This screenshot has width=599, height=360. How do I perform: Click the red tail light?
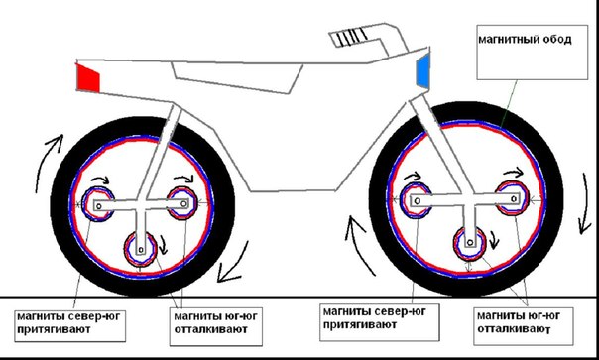[x=88, y=78]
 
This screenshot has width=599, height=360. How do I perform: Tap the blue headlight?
[x=422, y=70]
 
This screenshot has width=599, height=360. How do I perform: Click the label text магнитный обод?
[x=525, y=40]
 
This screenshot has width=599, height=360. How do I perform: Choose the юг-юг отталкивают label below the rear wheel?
[x=215, y=323]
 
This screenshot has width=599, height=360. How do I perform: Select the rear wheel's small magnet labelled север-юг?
[x=98, y=204]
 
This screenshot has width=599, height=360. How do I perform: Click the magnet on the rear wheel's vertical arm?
[x=141, y=249]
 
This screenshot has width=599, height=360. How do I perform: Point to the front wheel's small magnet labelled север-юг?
[x=416, y=200]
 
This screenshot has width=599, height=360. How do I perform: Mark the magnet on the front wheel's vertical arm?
[x=470, y=243]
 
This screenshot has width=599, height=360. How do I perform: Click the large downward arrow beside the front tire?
[x=585, y=202]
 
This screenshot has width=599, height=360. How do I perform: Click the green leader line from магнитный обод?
[x=509, y=104]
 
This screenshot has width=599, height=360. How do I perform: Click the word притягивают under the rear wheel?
[x=54, y=329]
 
